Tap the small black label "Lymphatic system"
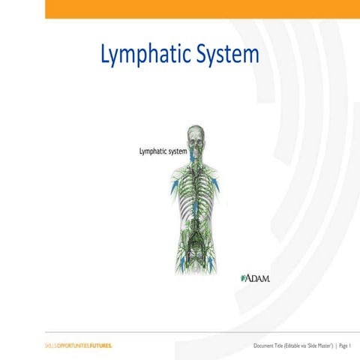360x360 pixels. (x=163, y=151)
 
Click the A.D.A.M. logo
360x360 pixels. (x=255, y=278)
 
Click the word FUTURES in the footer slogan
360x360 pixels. (x=100, y=346)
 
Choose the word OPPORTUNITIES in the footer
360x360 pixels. (x=74, y=346)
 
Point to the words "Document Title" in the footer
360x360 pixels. (x=269, y=346)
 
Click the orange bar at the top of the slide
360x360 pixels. (x=202, y=8)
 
